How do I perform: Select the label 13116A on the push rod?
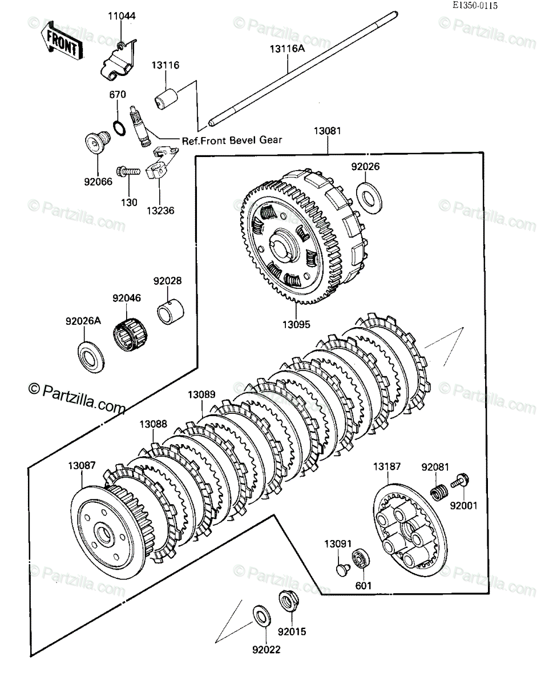tap(288, 49)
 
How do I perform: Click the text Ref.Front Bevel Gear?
tap(232, 140)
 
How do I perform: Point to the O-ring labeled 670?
tap(119, 128)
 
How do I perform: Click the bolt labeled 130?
tap(128, 172)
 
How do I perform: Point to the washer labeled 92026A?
tap(91, 357)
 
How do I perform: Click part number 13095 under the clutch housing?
tap(296, 324)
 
